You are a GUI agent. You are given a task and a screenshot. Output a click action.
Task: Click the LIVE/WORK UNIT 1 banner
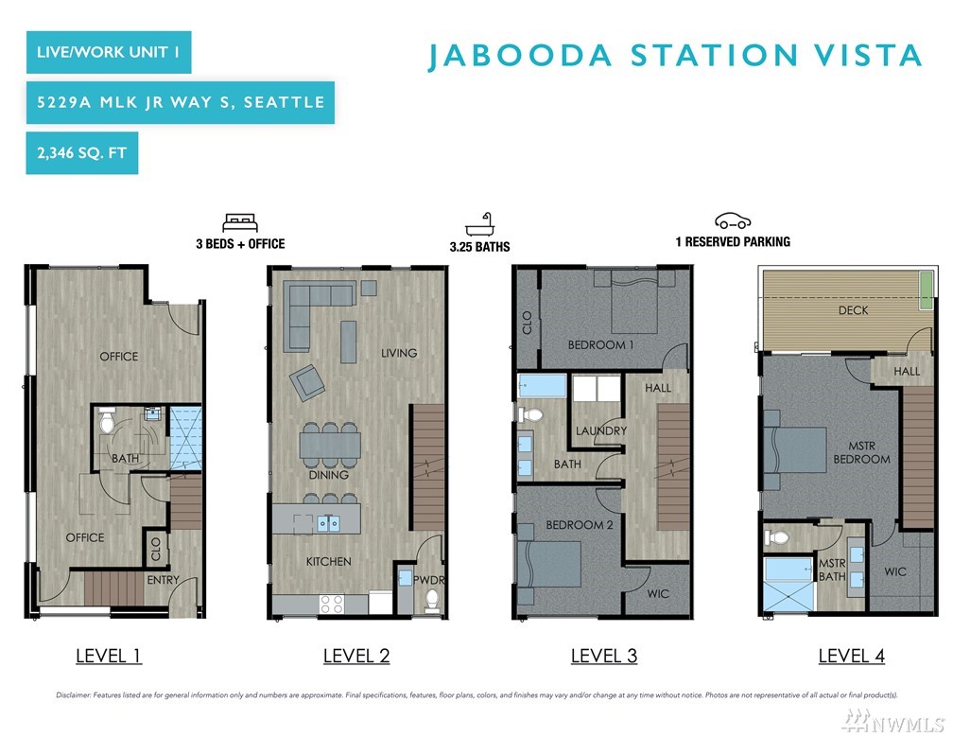109,52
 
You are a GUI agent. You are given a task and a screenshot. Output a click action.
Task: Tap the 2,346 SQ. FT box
82,152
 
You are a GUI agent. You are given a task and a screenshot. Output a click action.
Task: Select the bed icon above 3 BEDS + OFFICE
240,222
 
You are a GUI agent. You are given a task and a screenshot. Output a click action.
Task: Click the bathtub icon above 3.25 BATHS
479,224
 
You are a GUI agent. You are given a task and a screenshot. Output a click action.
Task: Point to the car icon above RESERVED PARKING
733,220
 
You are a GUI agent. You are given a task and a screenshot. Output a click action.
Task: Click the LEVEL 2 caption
356,656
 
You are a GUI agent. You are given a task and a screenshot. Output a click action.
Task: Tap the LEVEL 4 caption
852,656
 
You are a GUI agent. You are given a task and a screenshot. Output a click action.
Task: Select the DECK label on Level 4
854,310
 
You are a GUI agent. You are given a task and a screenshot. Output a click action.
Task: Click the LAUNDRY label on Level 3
601,430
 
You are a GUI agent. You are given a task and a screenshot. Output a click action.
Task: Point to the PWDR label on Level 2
428,580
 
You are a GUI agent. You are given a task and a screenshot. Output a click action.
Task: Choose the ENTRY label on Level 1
163,580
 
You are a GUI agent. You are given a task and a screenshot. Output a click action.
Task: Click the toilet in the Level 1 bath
107,419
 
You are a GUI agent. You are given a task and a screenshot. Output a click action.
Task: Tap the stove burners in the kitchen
331,604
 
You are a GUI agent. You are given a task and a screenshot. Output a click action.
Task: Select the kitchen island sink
328,523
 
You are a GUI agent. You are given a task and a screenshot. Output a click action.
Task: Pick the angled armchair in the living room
307,382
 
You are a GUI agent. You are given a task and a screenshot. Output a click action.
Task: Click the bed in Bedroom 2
548,564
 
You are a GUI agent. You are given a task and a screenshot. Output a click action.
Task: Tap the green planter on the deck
926,290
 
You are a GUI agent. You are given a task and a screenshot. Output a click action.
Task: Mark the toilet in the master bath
776,537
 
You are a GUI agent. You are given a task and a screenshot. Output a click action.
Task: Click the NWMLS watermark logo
893,722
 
